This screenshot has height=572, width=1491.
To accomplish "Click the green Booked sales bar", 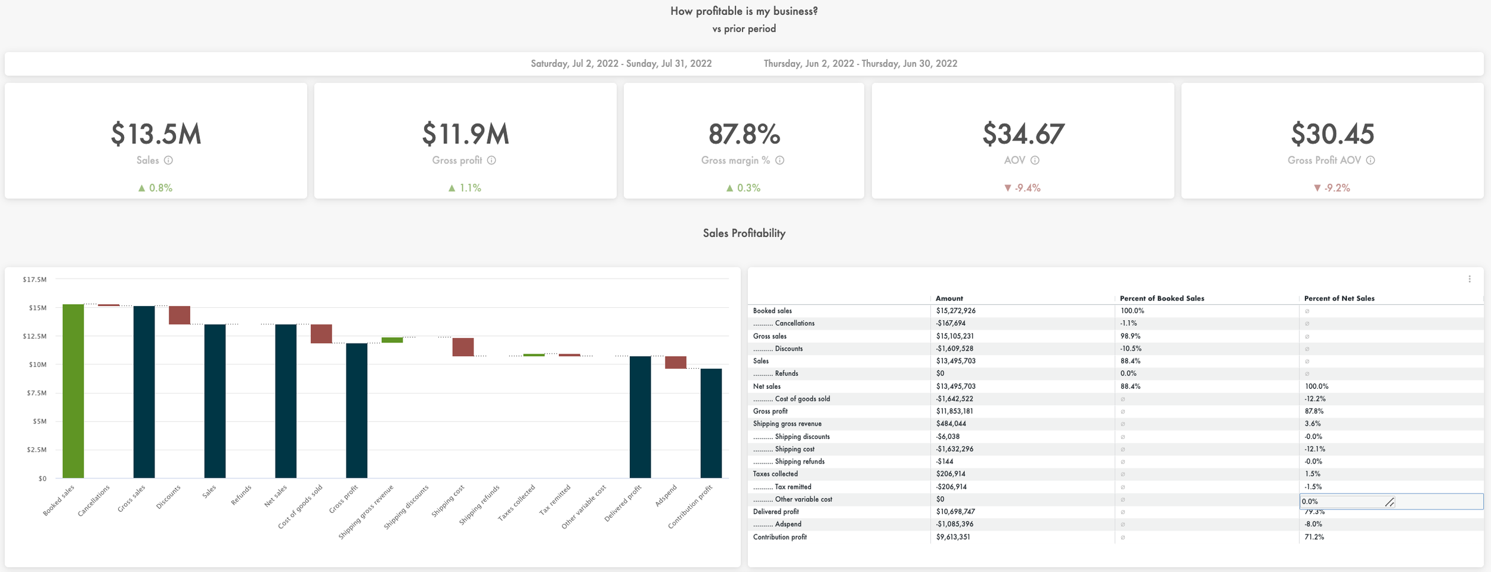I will pyautogui.click(x=73, y=391).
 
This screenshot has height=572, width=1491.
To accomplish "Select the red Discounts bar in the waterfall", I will pyautogui.click(x=180, y=315).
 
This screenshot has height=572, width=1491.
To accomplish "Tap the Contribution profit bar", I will pyautogui.click(x=711, y=423).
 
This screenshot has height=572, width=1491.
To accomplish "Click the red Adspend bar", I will pyautogui.click(x=676, y=362).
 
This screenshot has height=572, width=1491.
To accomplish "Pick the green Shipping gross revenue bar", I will pyautogui.click(x=392, y=340).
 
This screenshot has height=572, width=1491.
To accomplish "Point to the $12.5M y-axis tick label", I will pyautogui.click(x=35, y=336).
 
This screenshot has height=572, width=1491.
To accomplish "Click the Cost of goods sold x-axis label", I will pyautogui.click(x=301, y=506).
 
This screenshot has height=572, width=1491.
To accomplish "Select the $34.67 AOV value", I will pyautogui.click(x=1023, y=134).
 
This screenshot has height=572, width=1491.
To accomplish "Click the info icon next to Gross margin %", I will pyautogui.click(x=779, y=160).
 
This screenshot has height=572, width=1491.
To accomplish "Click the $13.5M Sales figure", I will pyautogui.click(x=156, y=134).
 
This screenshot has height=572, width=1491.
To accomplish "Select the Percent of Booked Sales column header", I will pyautogui.click(x=1161, y=298).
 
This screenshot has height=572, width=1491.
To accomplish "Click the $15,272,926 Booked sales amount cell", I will pyautogui.click(x=955, y=311).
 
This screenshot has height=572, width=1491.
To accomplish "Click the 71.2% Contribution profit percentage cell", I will pyautogui.click(x=1314, y=537).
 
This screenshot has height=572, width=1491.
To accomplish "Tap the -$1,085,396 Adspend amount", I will pyautogui.click(x=954, y=524).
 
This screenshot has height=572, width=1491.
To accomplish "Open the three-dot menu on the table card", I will pyautogui.click(x=1470, y=279).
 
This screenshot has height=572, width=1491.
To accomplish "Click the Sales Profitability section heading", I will pyautogui.click(x=744, y=233).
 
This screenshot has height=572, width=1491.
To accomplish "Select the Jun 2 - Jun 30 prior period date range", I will pyautogui.click(x=860, y=64).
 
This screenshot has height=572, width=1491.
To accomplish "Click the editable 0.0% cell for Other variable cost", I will pyautogui.click(x=1342, y=502).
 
